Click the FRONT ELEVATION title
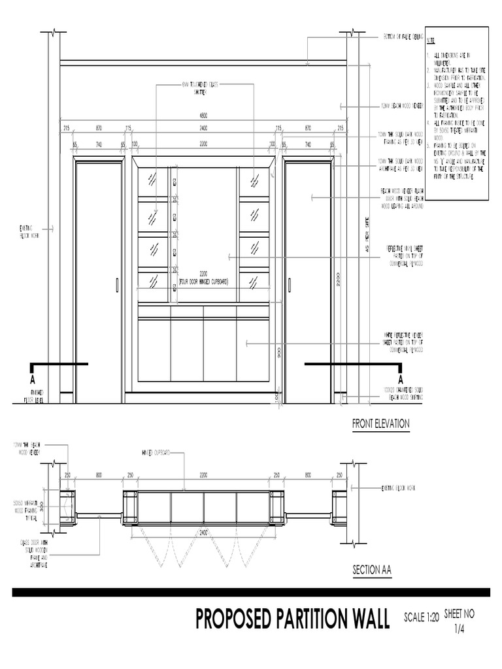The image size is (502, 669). click(x=380, y=424)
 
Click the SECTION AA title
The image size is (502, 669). click(x=371, y=570)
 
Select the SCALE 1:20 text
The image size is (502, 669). click(x=422, y=617)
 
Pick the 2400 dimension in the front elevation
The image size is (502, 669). click(x=203, y=127)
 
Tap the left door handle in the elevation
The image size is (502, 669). click(x=117, y=285)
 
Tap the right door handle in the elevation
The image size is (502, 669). click(x=289, y=285)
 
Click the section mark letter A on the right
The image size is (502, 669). click(x=401, y=379)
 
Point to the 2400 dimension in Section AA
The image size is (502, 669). click(x=204, y=532)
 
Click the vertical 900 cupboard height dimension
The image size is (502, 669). click(x=278, y=353)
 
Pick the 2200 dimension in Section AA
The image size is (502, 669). click(x=203, y=475)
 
